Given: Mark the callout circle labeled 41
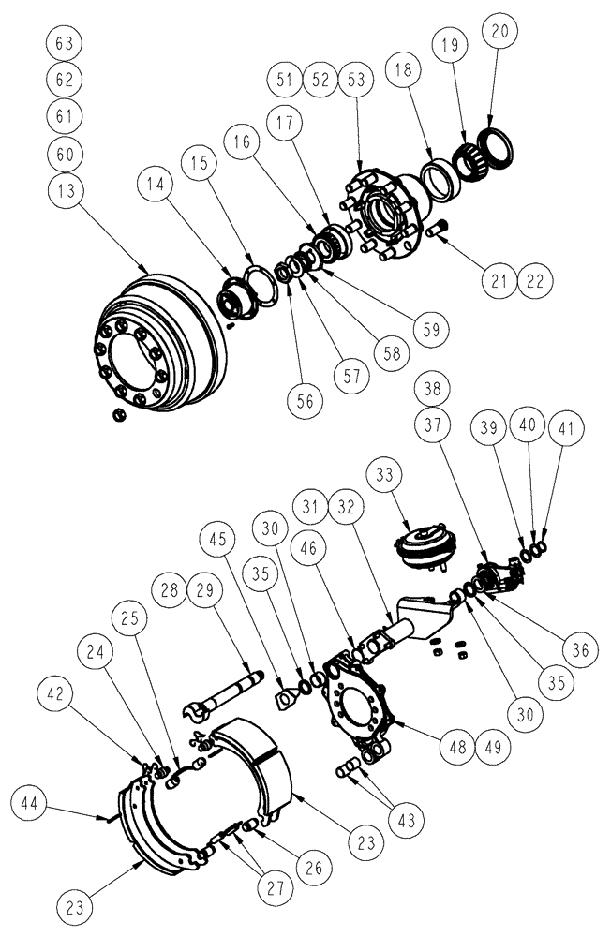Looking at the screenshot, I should pos(563,429).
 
